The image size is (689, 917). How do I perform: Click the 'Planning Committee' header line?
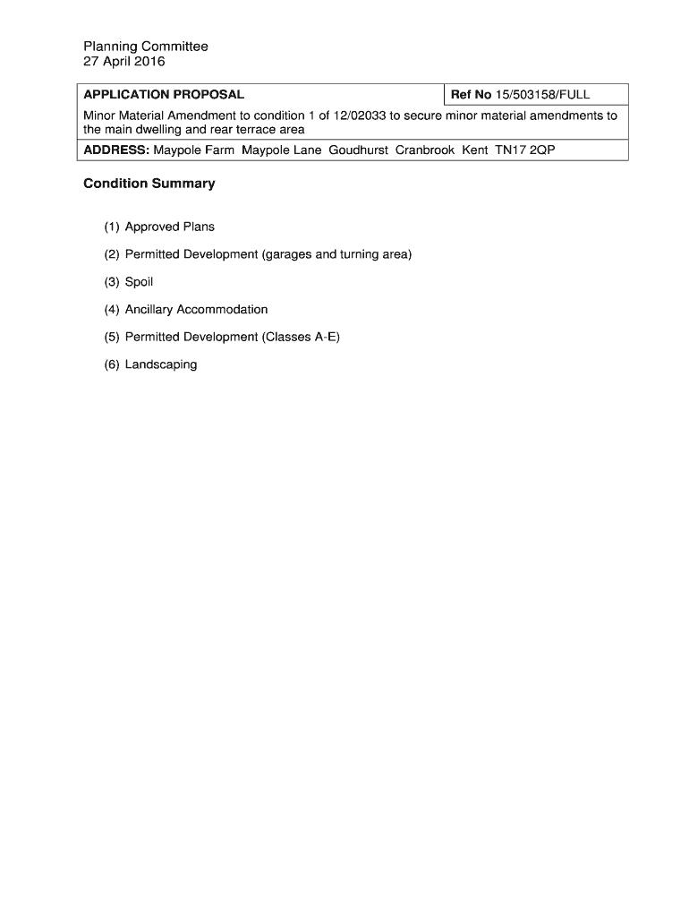coord(146,47)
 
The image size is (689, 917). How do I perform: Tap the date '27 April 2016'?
coord(124,62)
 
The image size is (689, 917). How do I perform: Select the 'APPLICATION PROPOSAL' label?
coord(164,95)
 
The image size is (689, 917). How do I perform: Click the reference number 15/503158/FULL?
coord(543,95)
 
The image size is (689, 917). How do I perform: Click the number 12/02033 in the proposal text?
coord(348,116)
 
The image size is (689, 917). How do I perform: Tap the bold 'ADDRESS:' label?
coord(116,150)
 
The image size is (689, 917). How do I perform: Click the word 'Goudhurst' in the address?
coord(358,150)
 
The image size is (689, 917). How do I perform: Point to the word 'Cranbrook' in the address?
coord(425,150)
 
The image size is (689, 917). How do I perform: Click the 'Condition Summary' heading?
coord(149,184)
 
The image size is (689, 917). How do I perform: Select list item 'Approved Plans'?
coord(170,227)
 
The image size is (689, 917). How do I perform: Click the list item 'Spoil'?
coord(140,282)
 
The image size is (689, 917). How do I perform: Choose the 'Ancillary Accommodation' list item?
coord(196,310)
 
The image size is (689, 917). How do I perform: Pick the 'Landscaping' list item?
coord(161,364)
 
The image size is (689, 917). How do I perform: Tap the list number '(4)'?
coord(111,310)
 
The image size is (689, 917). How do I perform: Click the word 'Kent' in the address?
coord(474,150)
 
